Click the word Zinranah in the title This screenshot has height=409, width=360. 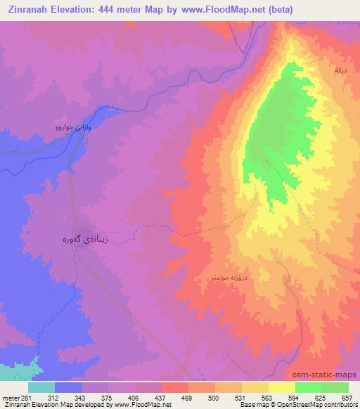[x=27, y=10]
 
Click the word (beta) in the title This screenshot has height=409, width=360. [x=276, y=10]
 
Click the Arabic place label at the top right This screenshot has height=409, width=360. [x=340, y=71]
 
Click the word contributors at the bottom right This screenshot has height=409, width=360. [x=343, y=405]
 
